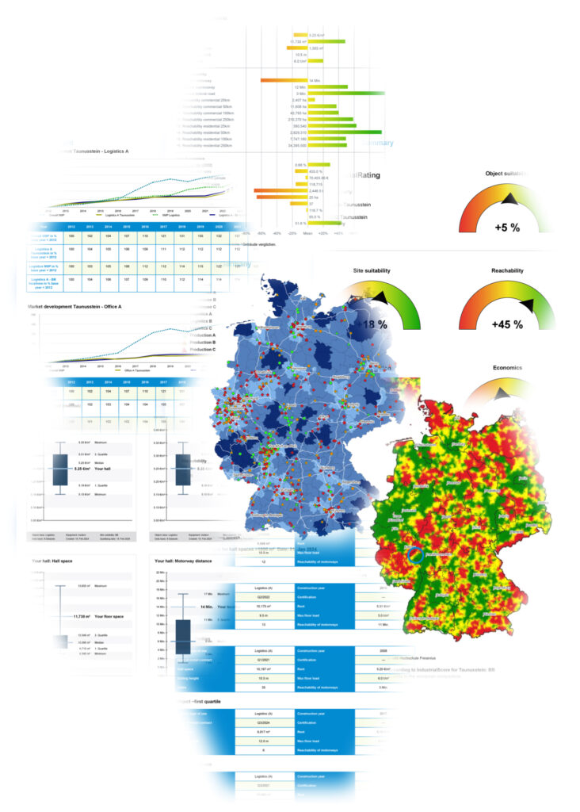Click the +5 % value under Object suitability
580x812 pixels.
point(506,227)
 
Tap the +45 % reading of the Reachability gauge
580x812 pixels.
point(506,324)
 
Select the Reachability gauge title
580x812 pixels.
point(506,270)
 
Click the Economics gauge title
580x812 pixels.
point(507,368)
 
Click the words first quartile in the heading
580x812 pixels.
point(211,703)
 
